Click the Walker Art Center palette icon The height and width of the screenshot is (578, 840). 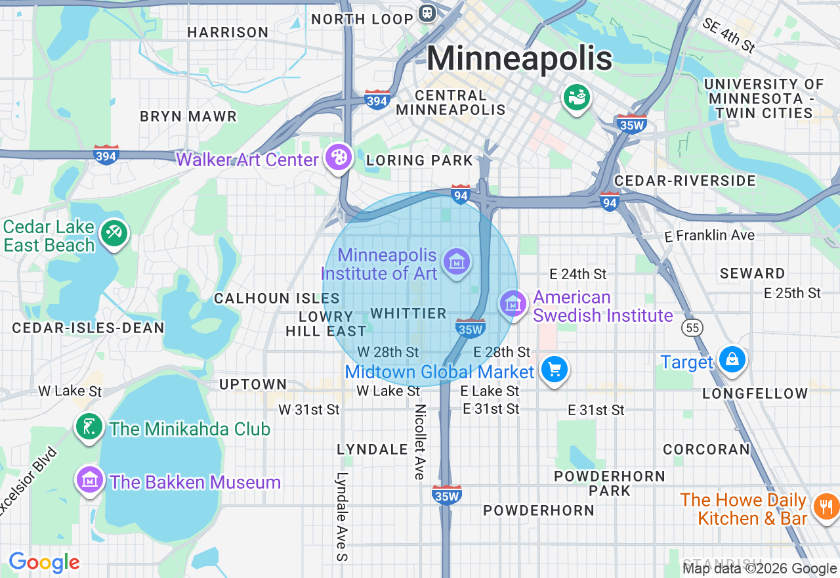click(339, 158)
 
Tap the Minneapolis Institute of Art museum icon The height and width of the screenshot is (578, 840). click(457, 261)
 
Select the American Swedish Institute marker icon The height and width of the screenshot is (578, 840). click(513, 303)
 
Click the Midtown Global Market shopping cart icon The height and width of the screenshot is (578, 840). click(555, 370)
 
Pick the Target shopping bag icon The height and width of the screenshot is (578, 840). click(731, 360)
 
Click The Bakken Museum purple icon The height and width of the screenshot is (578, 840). click(90, 480)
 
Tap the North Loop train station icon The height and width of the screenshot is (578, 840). click(427, 12)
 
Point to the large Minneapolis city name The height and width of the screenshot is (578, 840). click(520, 58)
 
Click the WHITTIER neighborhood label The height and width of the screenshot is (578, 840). click(408, 313)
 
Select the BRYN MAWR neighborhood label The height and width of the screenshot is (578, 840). click(188, 117)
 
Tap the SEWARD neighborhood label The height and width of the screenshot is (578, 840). click(752, 273)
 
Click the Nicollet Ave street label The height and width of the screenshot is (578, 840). click(419, 441)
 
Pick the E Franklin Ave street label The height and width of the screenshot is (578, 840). click(709, 235)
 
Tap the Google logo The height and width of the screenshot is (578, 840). click(44, 562)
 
